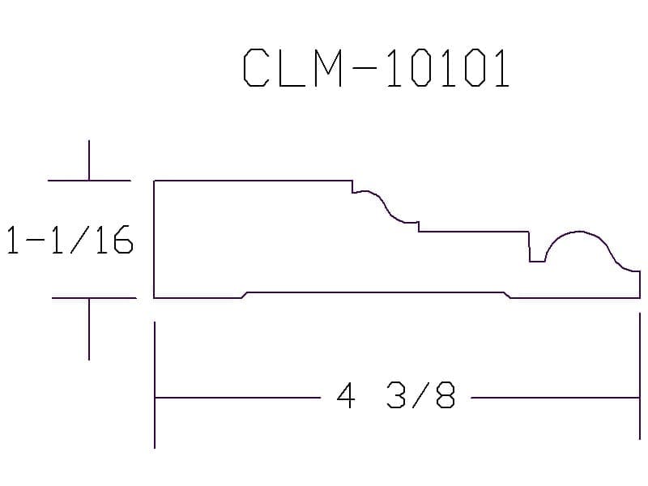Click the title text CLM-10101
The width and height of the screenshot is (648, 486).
pyautogui.click(x=376, y=68)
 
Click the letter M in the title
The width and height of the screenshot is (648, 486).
pyautogui.click(x=329, y=68)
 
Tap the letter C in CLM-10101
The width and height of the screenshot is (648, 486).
pyautogui.click(x=255, y=68)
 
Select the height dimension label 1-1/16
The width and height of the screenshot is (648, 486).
pyautogui.click(x=70, y=240)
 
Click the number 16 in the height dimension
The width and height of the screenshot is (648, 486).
pyautogui.click(x=113, y=240)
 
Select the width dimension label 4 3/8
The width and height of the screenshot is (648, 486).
pyautogui.click(x=396, y=395)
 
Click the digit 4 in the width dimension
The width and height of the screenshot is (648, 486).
pyautogui.click(x=346, y=395)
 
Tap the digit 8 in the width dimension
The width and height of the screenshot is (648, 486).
pyautogui.click(x=446, y=395)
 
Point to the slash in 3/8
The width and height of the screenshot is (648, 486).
pyautogui.click(x=420, y=395)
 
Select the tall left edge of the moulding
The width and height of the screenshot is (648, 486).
pyautogui.click(x=154, y=239)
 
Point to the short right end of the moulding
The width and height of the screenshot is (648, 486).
pyautogui.click(x=640, y=284)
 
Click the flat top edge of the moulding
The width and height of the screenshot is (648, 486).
pyautogui.click(x=253, y=181)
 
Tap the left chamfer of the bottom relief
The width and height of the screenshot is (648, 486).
pyautogui.click(x=245, y=295)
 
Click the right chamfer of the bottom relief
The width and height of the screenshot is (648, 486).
pyautogui.click(x=507, y=295)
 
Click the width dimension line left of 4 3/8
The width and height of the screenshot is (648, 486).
pyautogui.click(x=237, y=398)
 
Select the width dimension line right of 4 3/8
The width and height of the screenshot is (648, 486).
pyautogui.click(x=556, y=398)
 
